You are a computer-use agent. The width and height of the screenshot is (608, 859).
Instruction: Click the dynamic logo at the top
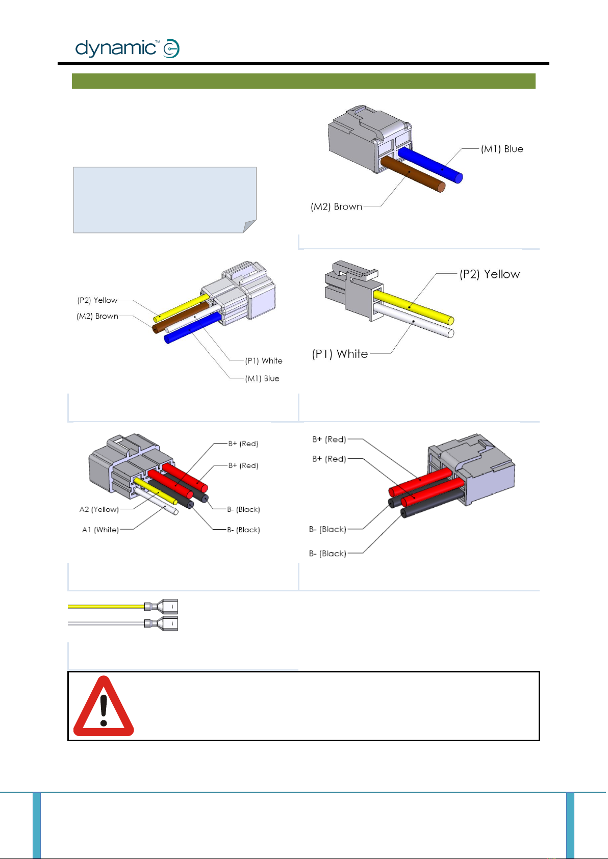128,48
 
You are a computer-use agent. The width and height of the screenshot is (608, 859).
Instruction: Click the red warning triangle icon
104,706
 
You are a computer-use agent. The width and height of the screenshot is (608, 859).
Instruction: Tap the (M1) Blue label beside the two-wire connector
502,149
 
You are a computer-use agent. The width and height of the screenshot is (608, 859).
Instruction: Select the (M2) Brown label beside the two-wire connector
336,206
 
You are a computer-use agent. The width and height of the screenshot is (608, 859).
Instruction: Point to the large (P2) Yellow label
490,274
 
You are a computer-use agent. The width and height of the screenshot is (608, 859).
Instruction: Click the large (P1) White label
340,354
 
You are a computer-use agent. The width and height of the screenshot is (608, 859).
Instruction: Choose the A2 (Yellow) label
99,509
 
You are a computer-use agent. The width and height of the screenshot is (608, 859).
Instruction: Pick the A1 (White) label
100,530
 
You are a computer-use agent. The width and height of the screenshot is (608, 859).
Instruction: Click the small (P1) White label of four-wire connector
264,361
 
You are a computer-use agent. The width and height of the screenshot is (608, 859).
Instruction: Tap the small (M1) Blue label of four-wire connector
262,378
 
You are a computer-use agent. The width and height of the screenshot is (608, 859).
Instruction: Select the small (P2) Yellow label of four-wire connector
97,300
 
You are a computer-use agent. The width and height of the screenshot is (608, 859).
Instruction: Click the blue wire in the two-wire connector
430,165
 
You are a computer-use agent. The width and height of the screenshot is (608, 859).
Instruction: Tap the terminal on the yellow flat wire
161,607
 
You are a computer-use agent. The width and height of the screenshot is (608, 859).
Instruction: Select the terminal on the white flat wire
161,623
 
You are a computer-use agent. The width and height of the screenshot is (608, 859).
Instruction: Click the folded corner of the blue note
249,227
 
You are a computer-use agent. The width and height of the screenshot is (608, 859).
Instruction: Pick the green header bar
303,81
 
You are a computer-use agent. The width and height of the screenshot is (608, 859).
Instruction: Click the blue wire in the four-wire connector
193,328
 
